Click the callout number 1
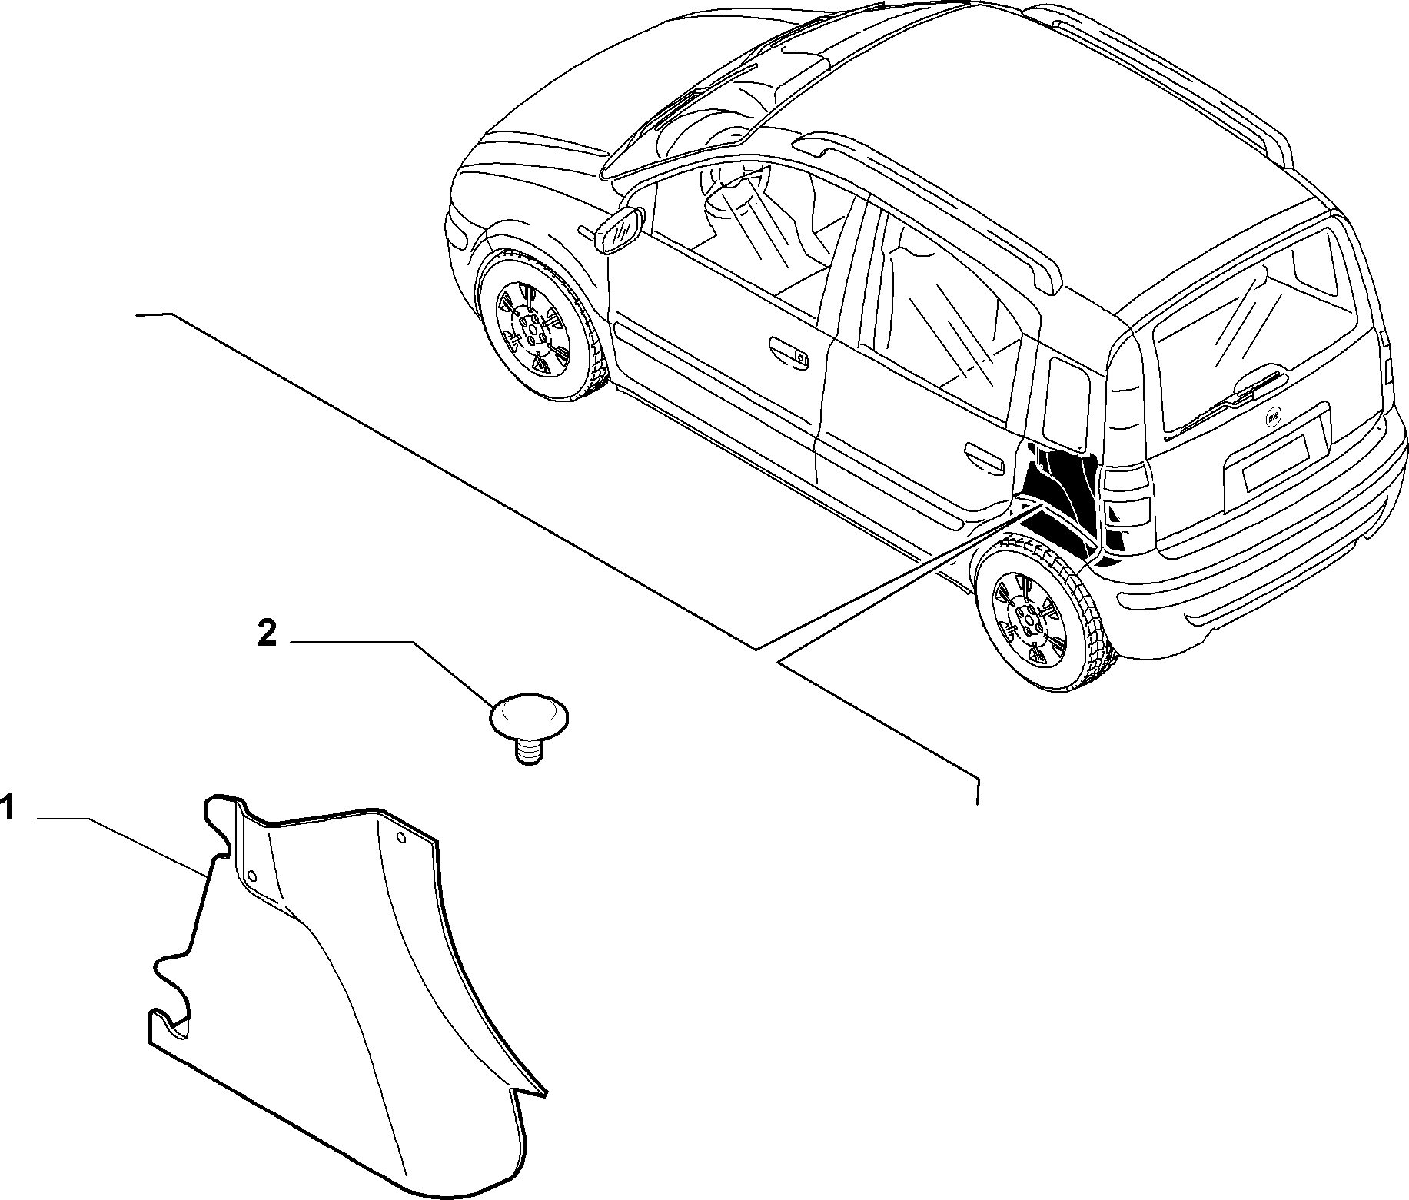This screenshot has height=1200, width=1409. [7, 809]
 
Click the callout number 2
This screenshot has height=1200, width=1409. [267, 635]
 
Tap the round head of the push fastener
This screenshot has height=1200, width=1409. [529, 716]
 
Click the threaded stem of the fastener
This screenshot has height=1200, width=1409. [527, 750]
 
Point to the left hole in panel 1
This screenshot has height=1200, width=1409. [251, 876]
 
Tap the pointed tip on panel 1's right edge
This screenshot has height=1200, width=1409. [546, 1090]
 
